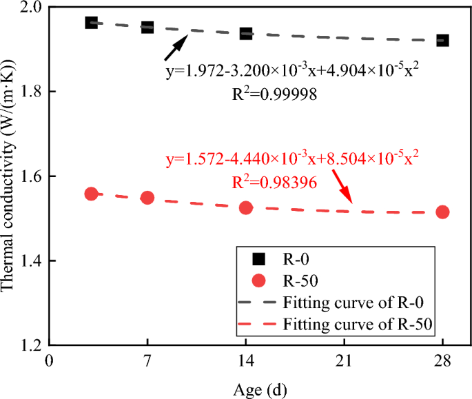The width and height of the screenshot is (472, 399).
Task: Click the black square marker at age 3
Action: (91, 23)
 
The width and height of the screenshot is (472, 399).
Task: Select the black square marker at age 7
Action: (147, 27)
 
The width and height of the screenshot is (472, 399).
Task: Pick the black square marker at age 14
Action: (246, 33)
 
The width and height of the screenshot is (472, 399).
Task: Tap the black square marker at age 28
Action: (442, 40)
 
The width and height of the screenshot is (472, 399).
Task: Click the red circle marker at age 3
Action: (91, 194)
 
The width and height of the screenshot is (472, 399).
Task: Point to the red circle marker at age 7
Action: (147, 198)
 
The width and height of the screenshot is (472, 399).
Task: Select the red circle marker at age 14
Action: (246, 207)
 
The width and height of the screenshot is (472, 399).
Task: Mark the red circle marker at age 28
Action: (442, 212)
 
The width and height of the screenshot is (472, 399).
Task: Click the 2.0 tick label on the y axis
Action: (31, 8)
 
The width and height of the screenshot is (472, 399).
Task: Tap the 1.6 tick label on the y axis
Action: (31, 177)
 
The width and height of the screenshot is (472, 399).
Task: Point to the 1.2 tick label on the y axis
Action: (31, 346)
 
